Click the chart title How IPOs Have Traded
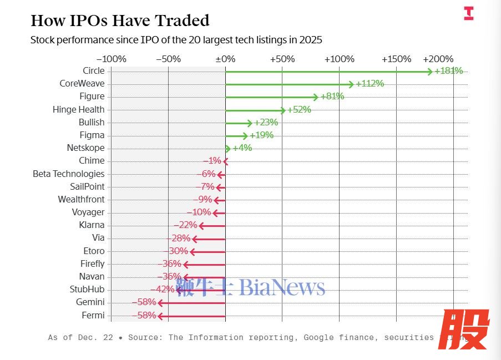[120, 21]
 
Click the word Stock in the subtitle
[43, 40]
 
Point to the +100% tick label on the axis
[339, 59]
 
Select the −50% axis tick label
[168, 59]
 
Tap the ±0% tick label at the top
[225, 59]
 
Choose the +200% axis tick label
[438, 59]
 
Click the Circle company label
[93, 71]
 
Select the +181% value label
[448, 71]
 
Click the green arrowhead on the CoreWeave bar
[351, 84]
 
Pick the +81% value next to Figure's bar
[332, 97]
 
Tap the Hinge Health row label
[78, 110]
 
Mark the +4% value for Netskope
[242, 148]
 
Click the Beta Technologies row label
[68, 174]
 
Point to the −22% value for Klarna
[185, 225]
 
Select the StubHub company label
[87, 290]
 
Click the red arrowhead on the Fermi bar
[160, 316]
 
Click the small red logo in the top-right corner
[468, 14]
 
